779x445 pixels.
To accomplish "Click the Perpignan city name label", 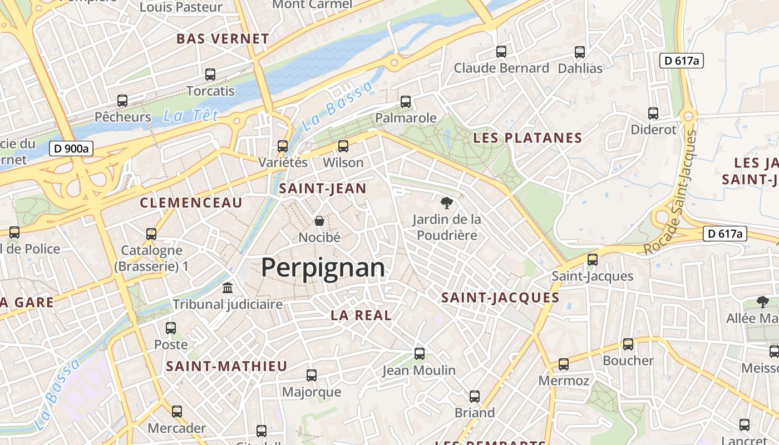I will point(323,268).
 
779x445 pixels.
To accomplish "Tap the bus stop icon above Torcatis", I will point(210,75).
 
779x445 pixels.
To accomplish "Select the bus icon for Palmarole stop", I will point(406,102).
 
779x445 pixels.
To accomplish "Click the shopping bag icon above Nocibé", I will point(319,221).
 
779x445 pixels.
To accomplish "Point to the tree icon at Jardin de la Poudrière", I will point(446,203).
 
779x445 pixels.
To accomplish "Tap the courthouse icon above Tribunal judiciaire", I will point(228,288).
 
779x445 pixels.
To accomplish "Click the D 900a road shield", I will point(71,149).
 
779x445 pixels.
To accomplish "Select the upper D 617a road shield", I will point(681,61).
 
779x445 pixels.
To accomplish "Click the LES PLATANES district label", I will point(527,138).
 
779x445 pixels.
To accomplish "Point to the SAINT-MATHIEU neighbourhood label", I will point(226,366).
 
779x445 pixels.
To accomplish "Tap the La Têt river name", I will point(190,116).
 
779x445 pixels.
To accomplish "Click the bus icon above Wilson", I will point(343,146).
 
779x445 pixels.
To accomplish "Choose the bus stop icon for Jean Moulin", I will point(420,354).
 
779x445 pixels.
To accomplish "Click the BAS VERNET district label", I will point(223,39).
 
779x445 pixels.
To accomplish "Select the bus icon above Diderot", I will point(653,113).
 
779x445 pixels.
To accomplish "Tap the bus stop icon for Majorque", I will point(312,375).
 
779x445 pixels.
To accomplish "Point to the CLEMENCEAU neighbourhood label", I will point(191,202).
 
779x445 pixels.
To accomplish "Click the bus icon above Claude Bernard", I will point(501,52).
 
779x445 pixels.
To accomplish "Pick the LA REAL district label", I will point(361,315).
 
